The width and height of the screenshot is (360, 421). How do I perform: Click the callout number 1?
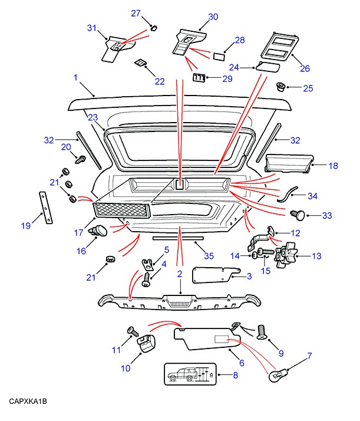coord(75,77)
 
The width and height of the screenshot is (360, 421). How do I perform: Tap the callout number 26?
coord(305,68)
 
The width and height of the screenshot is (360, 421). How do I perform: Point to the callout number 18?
coord(333,166)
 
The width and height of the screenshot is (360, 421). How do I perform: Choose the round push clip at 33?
coord(299,215)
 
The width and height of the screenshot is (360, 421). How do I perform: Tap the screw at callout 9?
coord(263,332)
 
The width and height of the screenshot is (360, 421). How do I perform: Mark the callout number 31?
coord(91,28)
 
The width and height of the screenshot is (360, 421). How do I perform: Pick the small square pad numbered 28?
coord(219,57)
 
